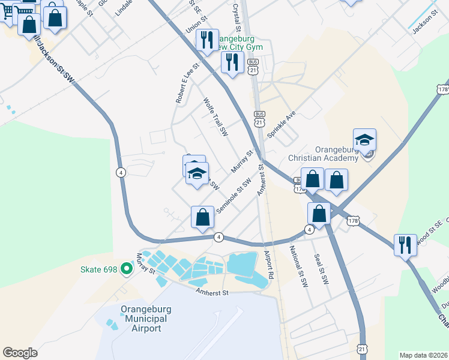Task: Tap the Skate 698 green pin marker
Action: [126, 268]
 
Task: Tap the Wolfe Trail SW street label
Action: [216, 118]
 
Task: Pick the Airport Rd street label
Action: [269, 265]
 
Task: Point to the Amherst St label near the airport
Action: [212, 293]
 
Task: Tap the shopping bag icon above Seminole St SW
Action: [202, 217]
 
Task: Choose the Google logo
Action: [20, 353]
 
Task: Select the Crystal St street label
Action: [237, 17]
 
